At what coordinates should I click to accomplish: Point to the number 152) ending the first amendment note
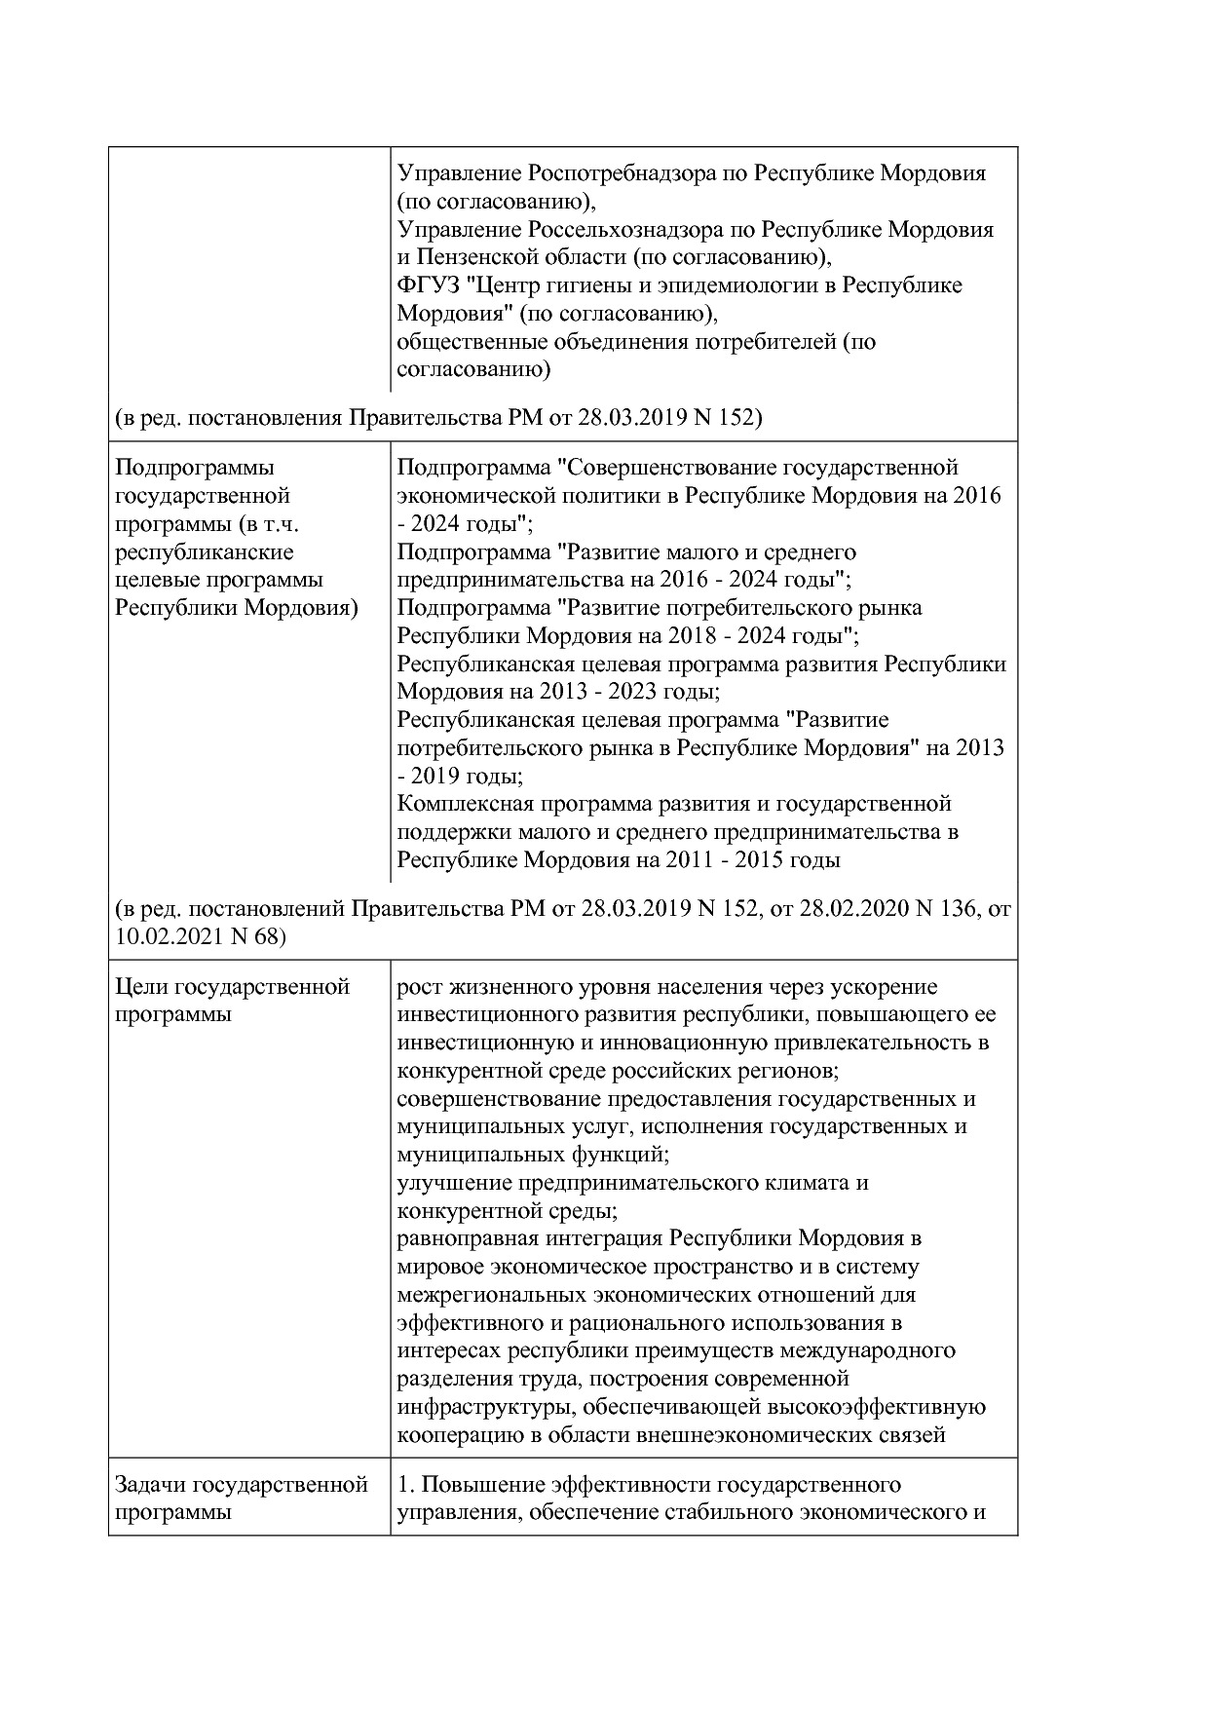coord(739,418)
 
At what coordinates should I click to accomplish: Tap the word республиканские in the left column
coord(204,552)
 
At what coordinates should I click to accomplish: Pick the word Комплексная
coord(457,805)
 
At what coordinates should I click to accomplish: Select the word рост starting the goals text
coord(420,987)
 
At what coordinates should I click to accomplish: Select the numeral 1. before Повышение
coord(406,1485)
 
